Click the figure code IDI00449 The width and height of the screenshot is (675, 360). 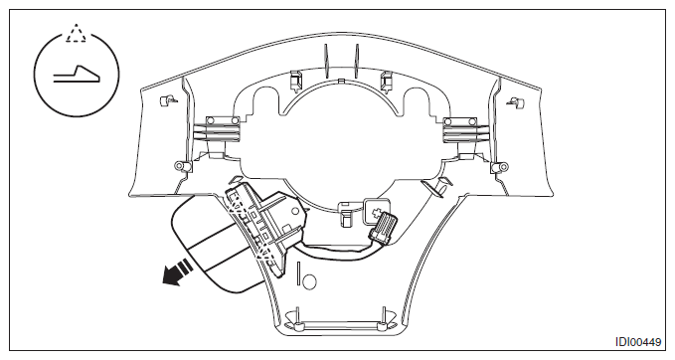point(637,342)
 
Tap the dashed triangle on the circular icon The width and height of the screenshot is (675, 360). point(76,33)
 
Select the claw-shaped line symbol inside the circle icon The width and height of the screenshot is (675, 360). point(77,74)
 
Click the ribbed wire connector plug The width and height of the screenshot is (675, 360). point(385,226)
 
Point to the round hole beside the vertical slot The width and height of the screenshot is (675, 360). point(309,282)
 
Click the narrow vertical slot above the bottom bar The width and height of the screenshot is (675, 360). point(297,272)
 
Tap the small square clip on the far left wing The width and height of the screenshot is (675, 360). point(166,100)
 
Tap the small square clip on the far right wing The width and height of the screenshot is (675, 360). point(516,102)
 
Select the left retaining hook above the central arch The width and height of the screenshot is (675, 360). point(295,81)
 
